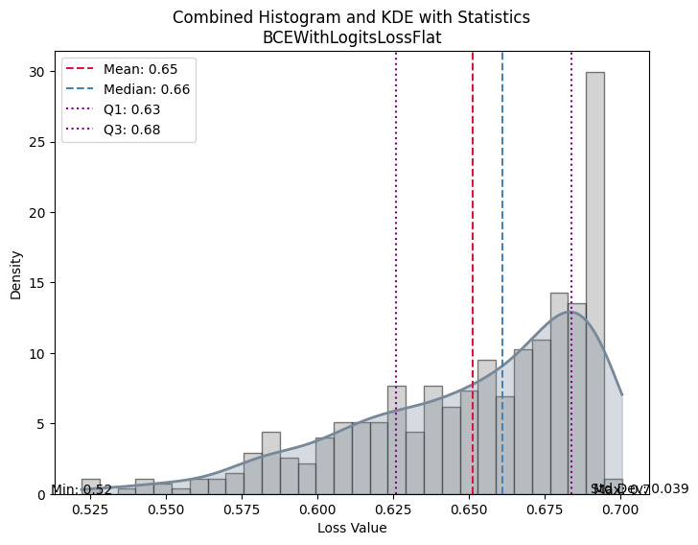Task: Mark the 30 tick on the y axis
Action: (x=36, y=72)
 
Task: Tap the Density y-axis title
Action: (x=15, y=274)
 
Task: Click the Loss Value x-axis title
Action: (x=352, y=529)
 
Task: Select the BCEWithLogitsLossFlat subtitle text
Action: (x=351, y=37)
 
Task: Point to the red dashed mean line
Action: (x=473, y=240)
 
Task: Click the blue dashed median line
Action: (x=502, y=240)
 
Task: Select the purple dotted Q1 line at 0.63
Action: (x=396, y=240)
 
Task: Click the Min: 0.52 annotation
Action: (x=81, y=490)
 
